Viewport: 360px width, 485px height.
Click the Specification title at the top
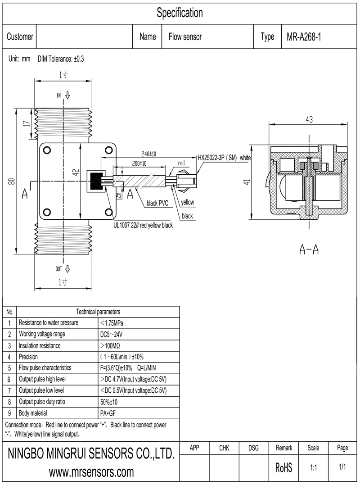click(x=180, y=13)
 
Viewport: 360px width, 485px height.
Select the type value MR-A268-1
click(x=303, y=37)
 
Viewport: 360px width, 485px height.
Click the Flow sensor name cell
click(x=185, y=37)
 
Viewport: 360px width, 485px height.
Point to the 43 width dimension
click(x=309, y=119)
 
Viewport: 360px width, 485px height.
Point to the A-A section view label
click(x=309, y=250)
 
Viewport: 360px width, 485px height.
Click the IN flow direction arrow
click(x=67, y=95)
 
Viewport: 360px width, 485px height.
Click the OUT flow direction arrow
click(x=67, y=269)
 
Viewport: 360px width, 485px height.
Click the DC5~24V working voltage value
click(x=111, y=334)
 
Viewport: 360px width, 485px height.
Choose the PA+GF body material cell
click(x=108, y=413)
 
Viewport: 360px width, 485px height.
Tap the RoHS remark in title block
click(x=283, y=468)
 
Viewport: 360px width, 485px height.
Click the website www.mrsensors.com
click(x=91, y=472)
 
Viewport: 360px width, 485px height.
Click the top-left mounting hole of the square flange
click(x=46, y=150)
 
